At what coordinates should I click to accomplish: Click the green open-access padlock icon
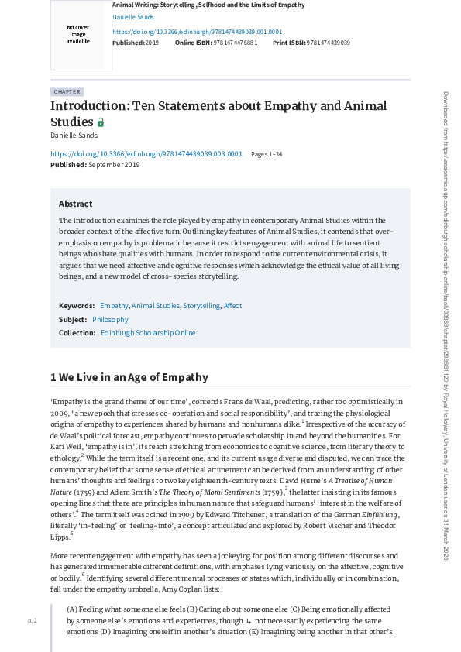[100, 122]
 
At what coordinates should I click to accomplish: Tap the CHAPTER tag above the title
[67, 91]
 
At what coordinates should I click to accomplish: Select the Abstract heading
[75, 204]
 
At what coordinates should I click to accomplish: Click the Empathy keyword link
[114, 306]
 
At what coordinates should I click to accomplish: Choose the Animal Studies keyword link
[156, 306]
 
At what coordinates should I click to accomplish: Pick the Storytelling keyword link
[201, 306]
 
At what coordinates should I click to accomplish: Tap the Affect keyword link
[232, 306]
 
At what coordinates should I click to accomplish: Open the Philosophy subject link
[110, 319]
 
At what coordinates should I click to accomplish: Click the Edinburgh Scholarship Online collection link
[148, 333]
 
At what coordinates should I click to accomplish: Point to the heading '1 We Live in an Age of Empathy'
[129, 378]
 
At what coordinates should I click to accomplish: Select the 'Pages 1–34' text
[267, 154]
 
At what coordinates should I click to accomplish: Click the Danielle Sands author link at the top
[133, 16]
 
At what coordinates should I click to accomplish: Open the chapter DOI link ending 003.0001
[146, 154]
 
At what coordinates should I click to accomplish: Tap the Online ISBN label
[193, 43]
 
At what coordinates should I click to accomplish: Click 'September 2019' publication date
[114, 165]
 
